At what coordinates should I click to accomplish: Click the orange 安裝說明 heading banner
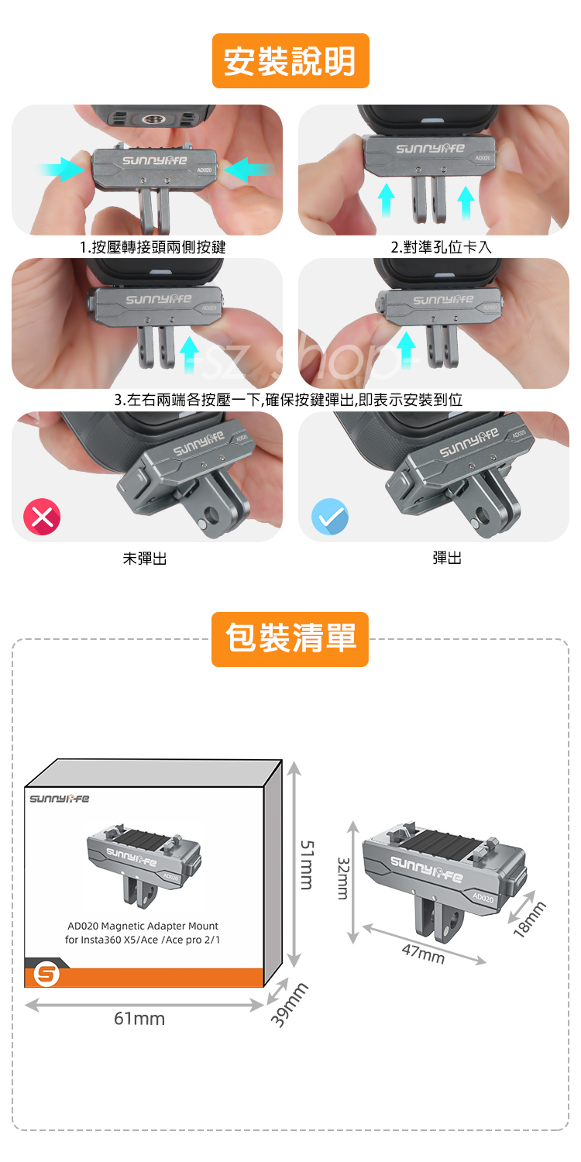290,60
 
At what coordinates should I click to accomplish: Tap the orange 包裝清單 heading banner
290,639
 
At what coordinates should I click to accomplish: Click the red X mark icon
42,517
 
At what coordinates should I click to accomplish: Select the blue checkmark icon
330,517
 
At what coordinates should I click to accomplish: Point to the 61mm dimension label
139,1019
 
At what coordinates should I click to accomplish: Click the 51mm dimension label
307,865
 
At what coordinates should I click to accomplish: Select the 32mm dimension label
343,878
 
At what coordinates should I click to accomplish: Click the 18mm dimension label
529,920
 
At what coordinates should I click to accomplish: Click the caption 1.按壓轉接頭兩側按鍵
153,247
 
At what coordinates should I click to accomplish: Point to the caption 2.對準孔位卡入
441,247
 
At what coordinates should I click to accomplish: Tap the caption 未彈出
145,559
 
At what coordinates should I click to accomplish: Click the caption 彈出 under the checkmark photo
447,559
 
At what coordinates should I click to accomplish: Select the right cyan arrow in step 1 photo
248,169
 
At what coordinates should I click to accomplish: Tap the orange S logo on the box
46,974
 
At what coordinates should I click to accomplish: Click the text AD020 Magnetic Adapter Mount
143,926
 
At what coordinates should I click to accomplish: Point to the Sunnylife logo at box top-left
59,799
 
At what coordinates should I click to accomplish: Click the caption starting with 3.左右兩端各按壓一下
288,400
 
